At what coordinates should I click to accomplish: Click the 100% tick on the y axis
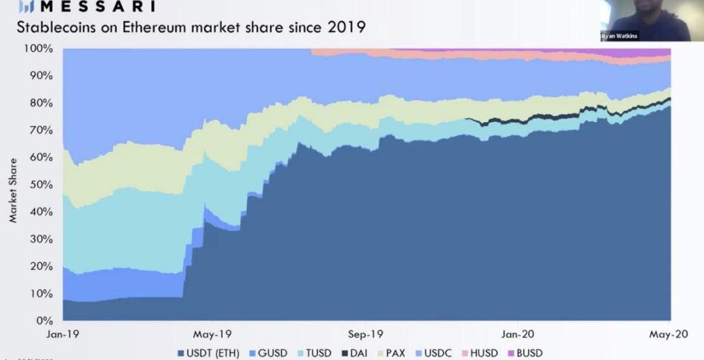point(39,49)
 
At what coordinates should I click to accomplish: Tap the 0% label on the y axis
point(44,321)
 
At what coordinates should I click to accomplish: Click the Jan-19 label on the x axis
point(63,333)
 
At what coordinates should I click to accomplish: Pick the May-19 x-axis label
point(213,333)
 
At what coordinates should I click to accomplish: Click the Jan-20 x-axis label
point(519,333)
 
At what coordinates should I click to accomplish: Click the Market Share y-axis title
point(14,189)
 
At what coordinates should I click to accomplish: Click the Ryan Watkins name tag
point(619,37)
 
